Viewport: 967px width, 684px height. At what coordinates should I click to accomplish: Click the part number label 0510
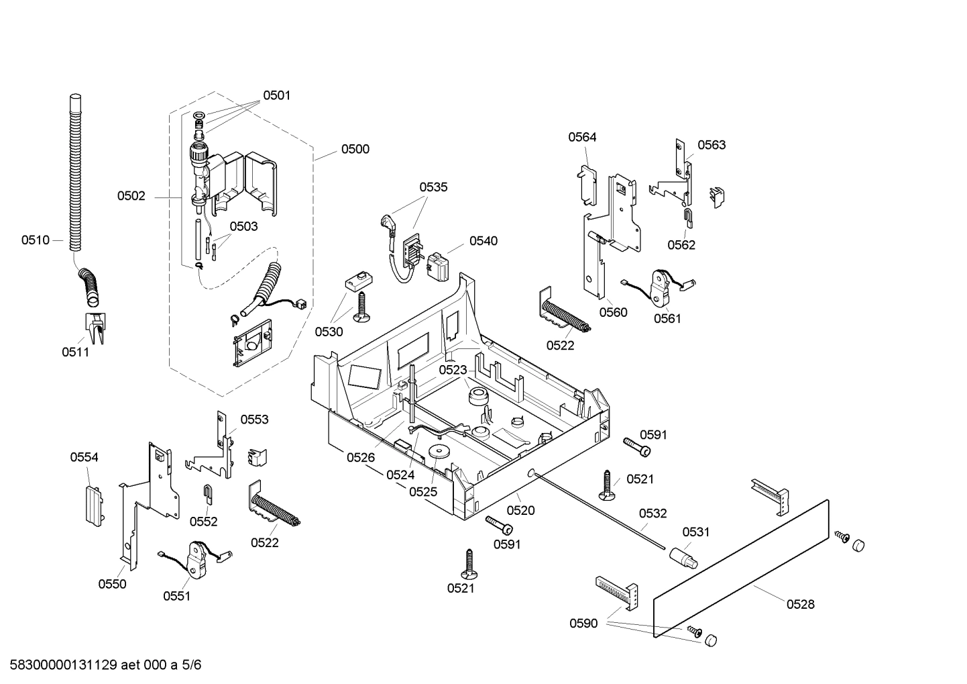[35, 240]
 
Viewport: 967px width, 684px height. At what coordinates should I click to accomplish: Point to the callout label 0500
[355, 149]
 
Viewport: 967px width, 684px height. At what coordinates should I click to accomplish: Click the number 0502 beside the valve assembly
[131, 196]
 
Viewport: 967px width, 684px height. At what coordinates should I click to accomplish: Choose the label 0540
[483, 240]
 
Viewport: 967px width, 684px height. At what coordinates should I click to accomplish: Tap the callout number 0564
[582, 137]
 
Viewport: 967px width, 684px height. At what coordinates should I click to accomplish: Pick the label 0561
[667, 318]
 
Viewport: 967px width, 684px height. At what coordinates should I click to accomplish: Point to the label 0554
[84, 457]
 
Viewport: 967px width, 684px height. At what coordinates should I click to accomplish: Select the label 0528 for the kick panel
[800, 604]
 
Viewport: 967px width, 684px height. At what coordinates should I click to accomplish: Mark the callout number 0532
[652, 514]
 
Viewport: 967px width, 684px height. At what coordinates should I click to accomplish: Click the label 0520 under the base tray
[520, 510]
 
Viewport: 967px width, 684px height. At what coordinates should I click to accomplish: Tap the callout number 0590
[583, 624]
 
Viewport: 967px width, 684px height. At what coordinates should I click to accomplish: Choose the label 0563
[711, 145]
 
